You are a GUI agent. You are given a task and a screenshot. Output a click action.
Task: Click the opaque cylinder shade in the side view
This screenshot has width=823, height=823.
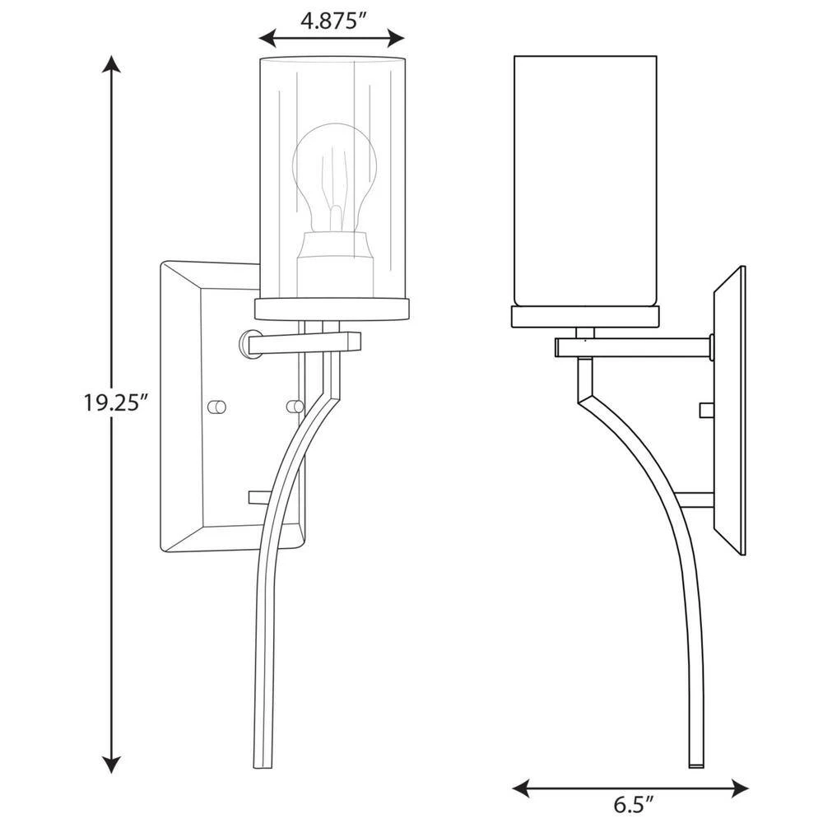click(585, 181)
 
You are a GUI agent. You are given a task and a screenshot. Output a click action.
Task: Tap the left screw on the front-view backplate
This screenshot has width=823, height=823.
click(216, 406)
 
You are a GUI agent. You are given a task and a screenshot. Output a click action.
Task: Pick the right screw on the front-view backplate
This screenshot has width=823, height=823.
click(293, 406)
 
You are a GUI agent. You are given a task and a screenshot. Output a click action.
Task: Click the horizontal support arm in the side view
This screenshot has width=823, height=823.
click(632, 348)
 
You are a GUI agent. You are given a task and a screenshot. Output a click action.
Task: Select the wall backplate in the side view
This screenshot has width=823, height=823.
click(729, 411)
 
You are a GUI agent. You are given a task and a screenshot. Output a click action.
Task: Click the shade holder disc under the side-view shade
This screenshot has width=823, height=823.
click(585, 317)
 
